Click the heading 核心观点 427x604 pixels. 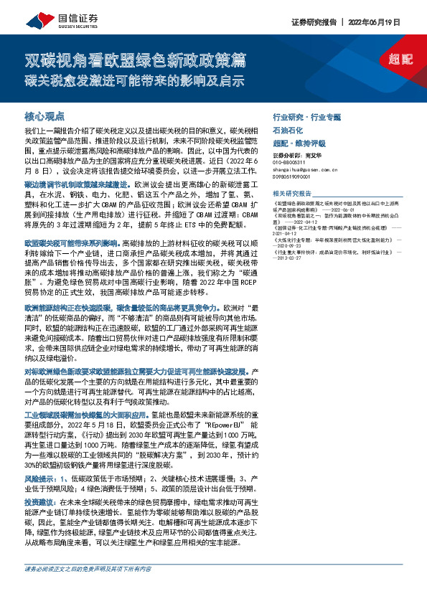[45, 115]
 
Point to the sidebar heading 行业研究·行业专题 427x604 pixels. [306, 115]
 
